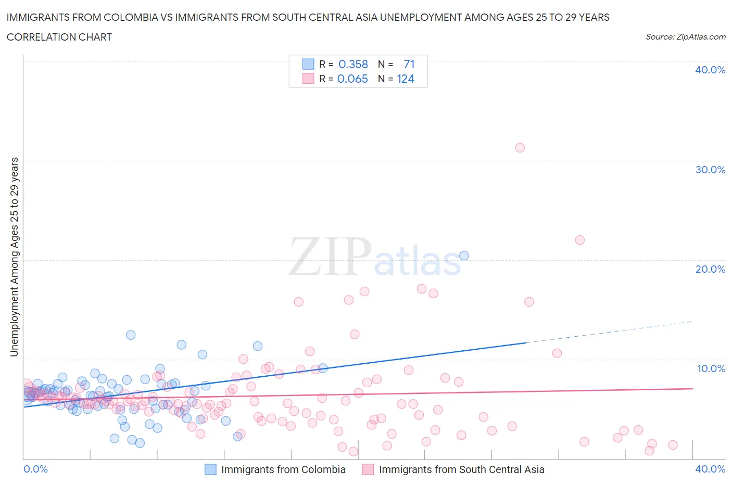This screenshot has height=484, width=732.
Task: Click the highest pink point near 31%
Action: click(x=520, y=148)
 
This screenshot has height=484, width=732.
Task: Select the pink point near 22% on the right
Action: click(x=579, y=240)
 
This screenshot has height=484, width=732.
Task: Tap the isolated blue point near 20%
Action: click(x=464, y=256)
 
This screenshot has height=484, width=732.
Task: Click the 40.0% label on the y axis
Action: click(x=710, y=70)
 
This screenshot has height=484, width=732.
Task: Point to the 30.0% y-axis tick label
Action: click(x=710, y=170)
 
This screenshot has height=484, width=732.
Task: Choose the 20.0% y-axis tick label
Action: click(x=710, y=269)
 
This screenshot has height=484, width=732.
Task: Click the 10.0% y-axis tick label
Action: click(x=711, y=368)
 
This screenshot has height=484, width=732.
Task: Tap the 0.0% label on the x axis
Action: click(x=36, y=469)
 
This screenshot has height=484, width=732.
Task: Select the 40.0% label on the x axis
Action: click(x=710, y=469)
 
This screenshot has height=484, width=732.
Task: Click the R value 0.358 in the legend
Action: click(x=353, y=65)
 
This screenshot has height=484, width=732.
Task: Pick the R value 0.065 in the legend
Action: click(x=352, y=79)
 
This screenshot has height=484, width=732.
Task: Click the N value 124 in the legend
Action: click(x=406, y=79)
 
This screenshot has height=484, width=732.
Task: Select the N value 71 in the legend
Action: click(x=409, y=65)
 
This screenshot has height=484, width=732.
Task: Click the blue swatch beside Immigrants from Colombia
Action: click(x=210, y=469)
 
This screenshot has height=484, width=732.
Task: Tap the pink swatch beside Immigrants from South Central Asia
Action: click(x=368, y=469)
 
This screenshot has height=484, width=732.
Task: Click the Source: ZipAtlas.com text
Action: click(x=685, y=37)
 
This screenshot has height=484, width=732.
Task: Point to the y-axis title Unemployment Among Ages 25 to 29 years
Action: click(x=15, y=257)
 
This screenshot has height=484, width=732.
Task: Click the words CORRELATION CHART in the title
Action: click(x=59, y=37)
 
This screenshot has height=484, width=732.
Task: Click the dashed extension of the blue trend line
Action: click(x=609, y=332)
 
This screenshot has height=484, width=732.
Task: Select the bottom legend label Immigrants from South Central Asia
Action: click(x=461, y=469)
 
